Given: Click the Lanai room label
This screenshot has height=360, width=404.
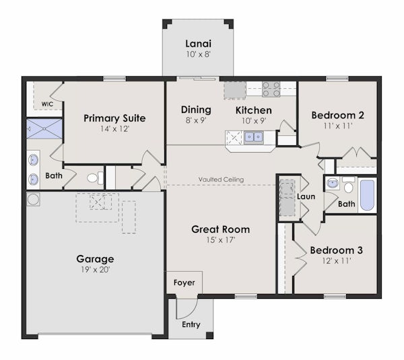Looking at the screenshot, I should coord(198,43).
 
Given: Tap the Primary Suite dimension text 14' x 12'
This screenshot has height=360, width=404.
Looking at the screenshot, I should coord(114,129).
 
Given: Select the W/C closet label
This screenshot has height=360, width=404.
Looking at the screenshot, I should coord(47,104).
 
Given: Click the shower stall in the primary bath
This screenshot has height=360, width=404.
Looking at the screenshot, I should coord(44,129).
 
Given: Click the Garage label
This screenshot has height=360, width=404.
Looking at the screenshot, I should coord(95,258).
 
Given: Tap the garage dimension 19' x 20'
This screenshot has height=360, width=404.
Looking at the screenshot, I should coord(94,269).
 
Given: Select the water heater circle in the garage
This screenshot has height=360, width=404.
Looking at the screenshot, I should coord(33,199).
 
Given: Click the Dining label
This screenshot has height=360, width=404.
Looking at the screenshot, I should coord(196,110).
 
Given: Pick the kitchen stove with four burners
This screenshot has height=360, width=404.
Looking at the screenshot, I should coord(271,89).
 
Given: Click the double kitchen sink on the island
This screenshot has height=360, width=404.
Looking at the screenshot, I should coord(254,137).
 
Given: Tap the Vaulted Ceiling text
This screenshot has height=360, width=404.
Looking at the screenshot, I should coord(221,180).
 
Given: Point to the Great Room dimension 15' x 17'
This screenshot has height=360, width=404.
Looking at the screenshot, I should coord(221,240).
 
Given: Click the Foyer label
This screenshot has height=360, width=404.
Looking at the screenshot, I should coord(184,283).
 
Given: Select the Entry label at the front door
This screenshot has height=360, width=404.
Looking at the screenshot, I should coord(191,325).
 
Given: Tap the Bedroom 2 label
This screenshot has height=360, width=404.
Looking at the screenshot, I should coord(338,115).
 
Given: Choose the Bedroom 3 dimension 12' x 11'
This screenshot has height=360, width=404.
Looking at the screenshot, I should coord(336,261).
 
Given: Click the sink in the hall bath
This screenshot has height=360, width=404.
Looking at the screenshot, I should coord(332,183).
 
